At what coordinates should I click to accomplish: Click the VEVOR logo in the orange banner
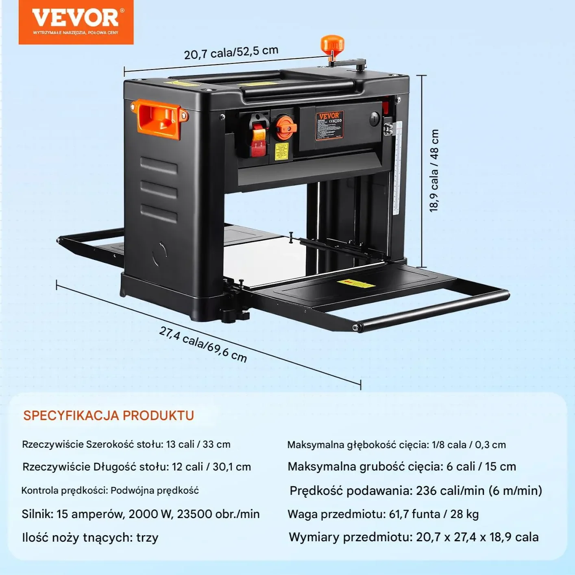(76, 18)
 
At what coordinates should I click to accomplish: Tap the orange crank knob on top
(332, 44)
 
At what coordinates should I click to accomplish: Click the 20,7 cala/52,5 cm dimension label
(231, 52)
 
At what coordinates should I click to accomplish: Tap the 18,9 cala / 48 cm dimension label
(434, 170)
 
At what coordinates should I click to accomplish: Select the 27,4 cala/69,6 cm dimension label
(203, 344)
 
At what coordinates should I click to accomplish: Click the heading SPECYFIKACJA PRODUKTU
(109, 416)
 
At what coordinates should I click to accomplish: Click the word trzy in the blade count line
(147, 538)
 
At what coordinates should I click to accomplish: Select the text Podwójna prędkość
(155, 490)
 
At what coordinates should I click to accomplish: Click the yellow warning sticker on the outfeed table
(355, 283)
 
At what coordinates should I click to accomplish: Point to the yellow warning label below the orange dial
(281, 151)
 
